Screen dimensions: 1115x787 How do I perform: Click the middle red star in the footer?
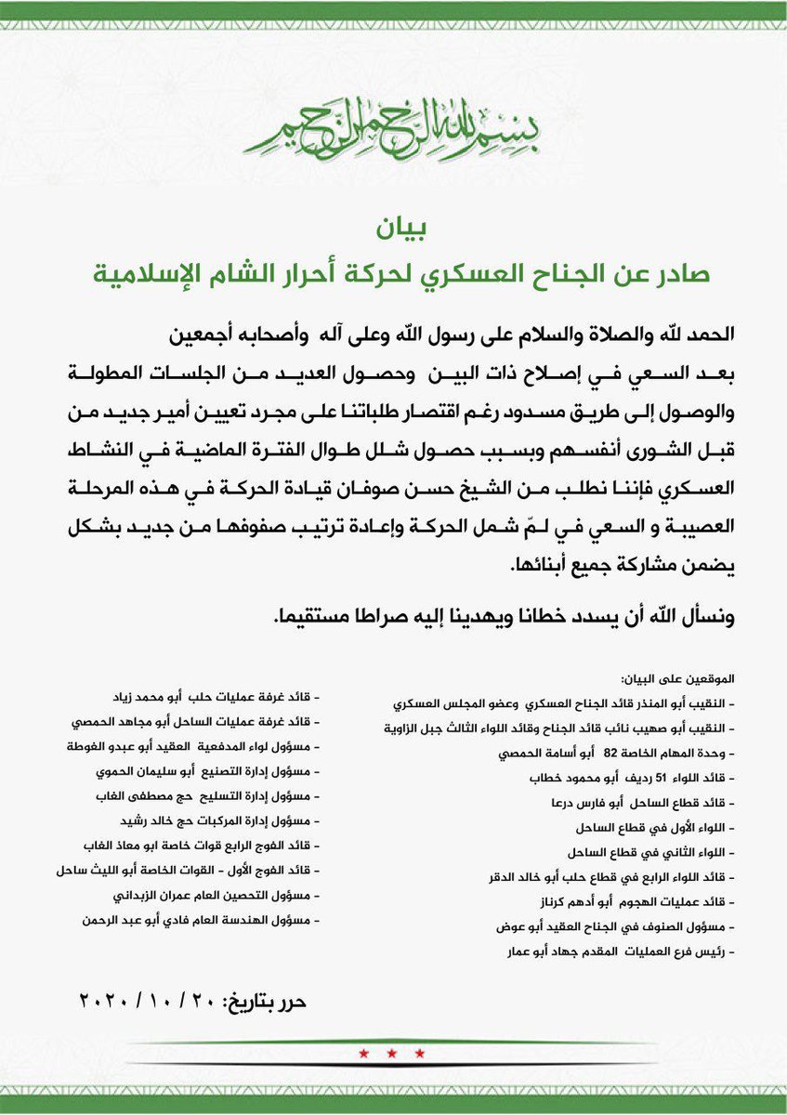pyautogui.click(x=392, y=1053)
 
